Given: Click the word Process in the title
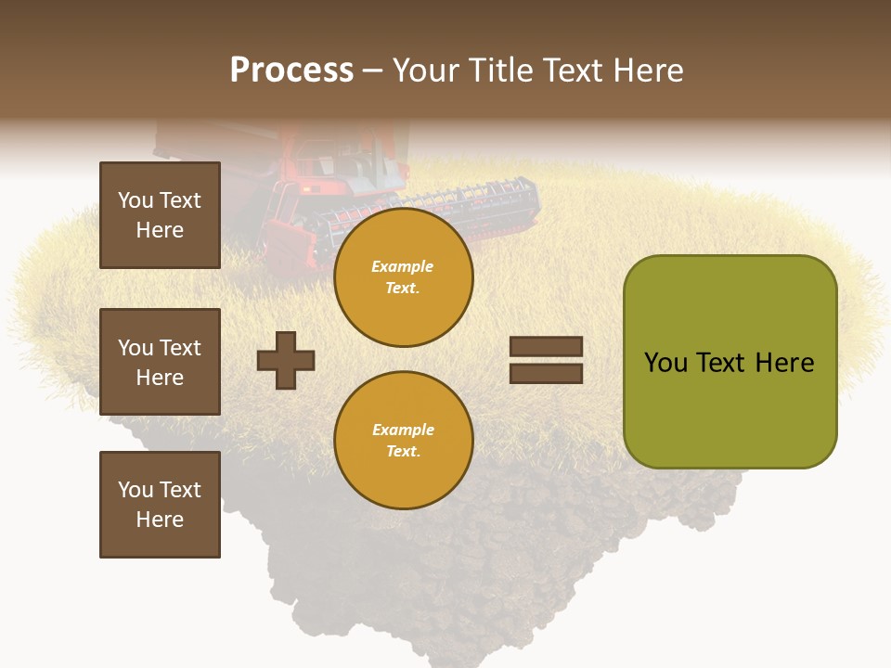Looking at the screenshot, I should coord(291,70).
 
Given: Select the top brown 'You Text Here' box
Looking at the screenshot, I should coord(160,215).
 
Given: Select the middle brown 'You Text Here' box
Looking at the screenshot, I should coord(160,362).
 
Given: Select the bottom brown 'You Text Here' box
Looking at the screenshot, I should coord(160,505).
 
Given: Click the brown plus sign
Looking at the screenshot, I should coord(286,360).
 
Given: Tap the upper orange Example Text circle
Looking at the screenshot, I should coord(403,277).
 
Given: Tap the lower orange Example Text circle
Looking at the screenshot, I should coord(403,440).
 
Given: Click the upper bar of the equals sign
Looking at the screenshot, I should coord(546,347).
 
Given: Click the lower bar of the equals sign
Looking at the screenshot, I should coord(546,373).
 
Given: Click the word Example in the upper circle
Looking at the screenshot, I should coord(403,266).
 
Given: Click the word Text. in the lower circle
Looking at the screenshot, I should coord(403,452).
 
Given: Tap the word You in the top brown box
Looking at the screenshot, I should coord(136,200).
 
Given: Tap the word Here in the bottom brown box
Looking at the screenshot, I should coord(160,520).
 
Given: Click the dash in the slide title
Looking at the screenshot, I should coord(373,71).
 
